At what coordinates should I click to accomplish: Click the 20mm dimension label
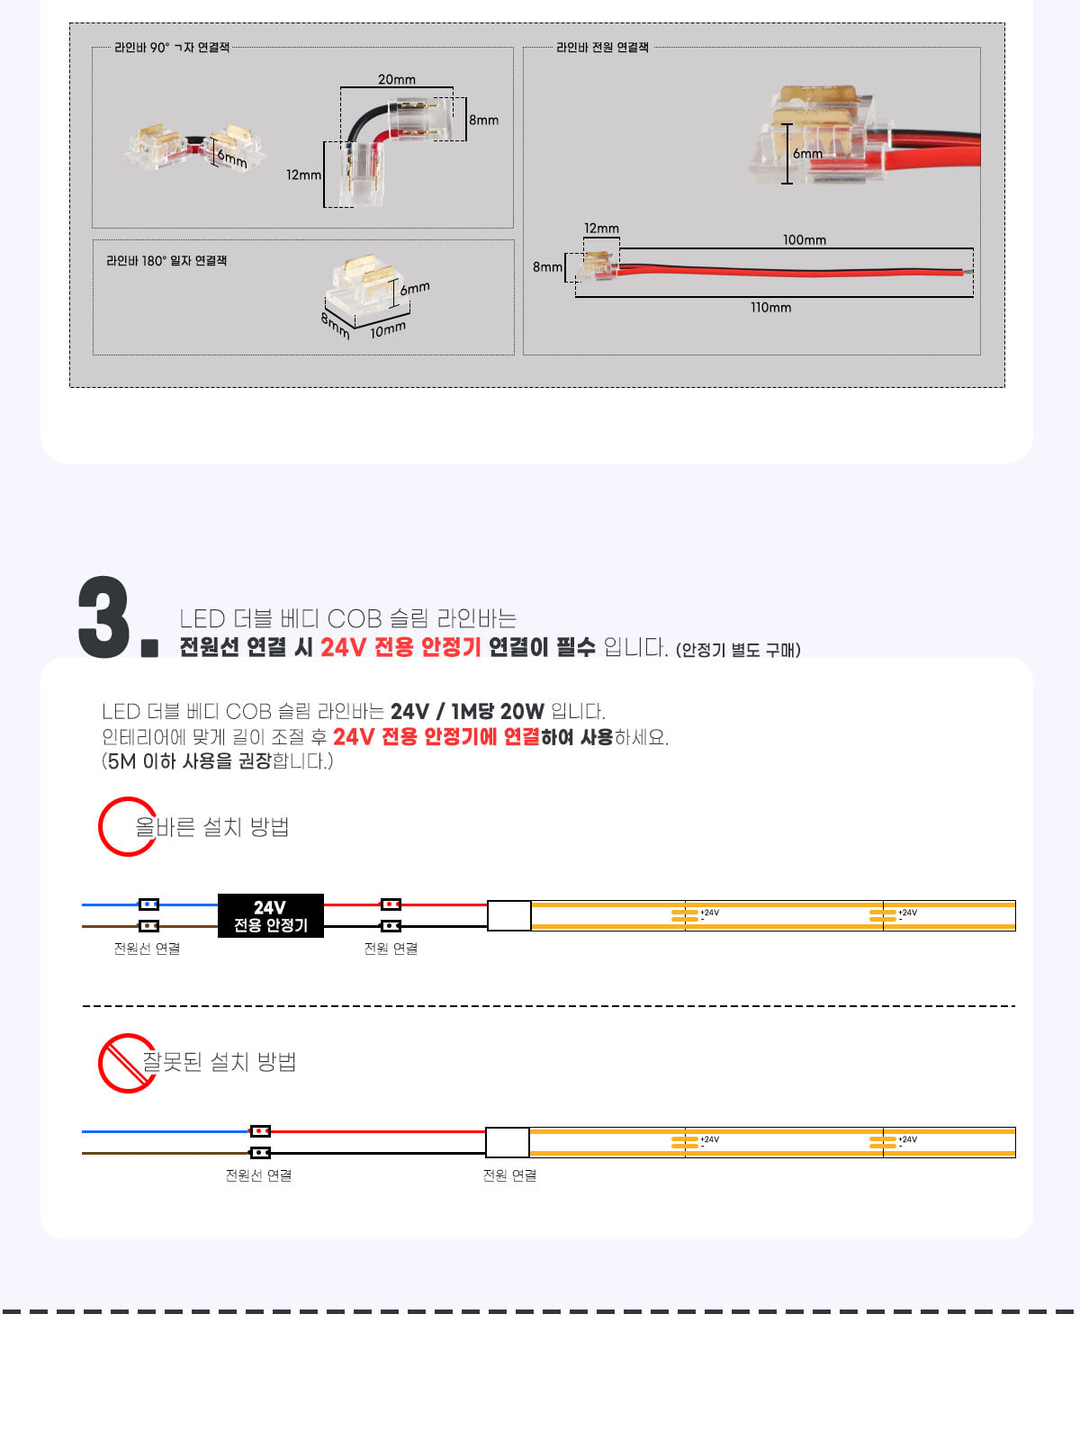click(x=396, y=79)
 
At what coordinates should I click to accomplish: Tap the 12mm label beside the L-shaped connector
click(x=303, y=175)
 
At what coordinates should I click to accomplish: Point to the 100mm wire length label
click(x=804, y=240)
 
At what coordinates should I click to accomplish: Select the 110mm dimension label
click(x=770, y=308)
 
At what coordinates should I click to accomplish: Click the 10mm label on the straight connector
click(x=388, y=329)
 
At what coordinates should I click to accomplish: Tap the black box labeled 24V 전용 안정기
click(x=270, y=915)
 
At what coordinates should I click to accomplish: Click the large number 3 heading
click(x=103, y=616)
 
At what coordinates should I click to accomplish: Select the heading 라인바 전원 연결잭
click(x=602, y=47)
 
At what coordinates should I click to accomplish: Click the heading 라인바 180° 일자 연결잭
click(x=166, y=260)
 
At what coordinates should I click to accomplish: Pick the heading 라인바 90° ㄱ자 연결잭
click(x=172, y=47)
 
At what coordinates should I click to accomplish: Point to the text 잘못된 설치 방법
click(x=220, y=1061)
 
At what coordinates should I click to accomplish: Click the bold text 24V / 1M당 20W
click(x=467, y=711)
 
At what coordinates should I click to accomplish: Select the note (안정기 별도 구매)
click(x=738, y=650)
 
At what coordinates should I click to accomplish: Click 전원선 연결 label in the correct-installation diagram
click(x=147, y=948)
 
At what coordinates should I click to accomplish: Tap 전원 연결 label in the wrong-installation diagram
click(x=509, y=1175)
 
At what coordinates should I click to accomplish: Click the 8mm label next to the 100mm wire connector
click(x=547, y=267)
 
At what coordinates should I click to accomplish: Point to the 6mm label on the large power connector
click(x=807, y=154)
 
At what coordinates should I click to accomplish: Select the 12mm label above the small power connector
click(x=601, y=229)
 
